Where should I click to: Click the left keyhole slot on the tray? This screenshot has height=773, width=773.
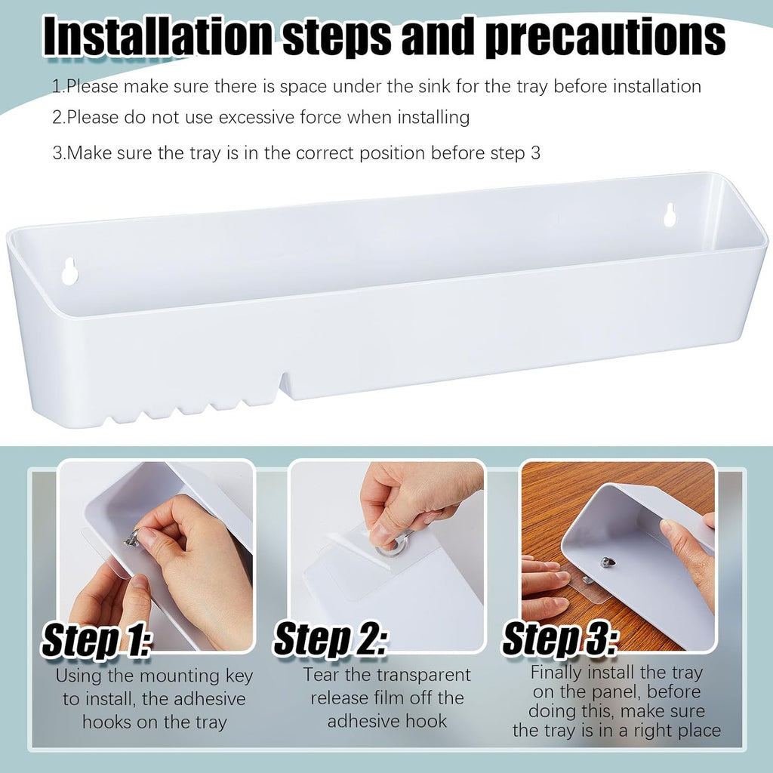69,272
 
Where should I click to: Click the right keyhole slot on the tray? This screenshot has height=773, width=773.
669,215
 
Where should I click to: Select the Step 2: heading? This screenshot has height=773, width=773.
331,640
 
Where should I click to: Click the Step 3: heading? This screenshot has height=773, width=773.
559,640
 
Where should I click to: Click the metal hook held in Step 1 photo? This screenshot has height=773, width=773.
132,537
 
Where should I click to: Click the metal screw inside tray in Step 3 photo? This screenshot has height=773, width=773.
605,562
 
